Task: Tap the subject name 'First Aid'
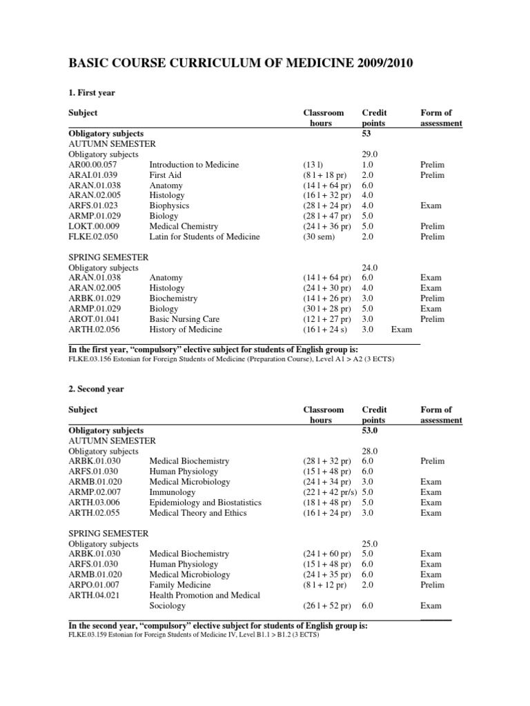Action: [x=166, y=175]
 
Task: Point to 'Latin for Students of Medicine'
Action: [x=204, y=236]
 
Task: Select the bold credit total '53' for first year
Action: [x=367, y=134]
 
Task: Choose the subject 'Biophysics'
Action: [x=169, y=205]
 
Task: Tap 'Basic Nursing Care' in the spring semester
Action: [x=183, y=319]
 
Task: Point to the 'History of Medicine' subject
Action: [x=186, y=330]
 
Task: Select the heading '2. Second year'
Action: [x=96, y=389]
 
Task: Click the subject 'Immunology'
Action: [x=173, y=492]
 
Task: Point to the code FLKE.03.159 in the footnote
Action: [x=89, y=634]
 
